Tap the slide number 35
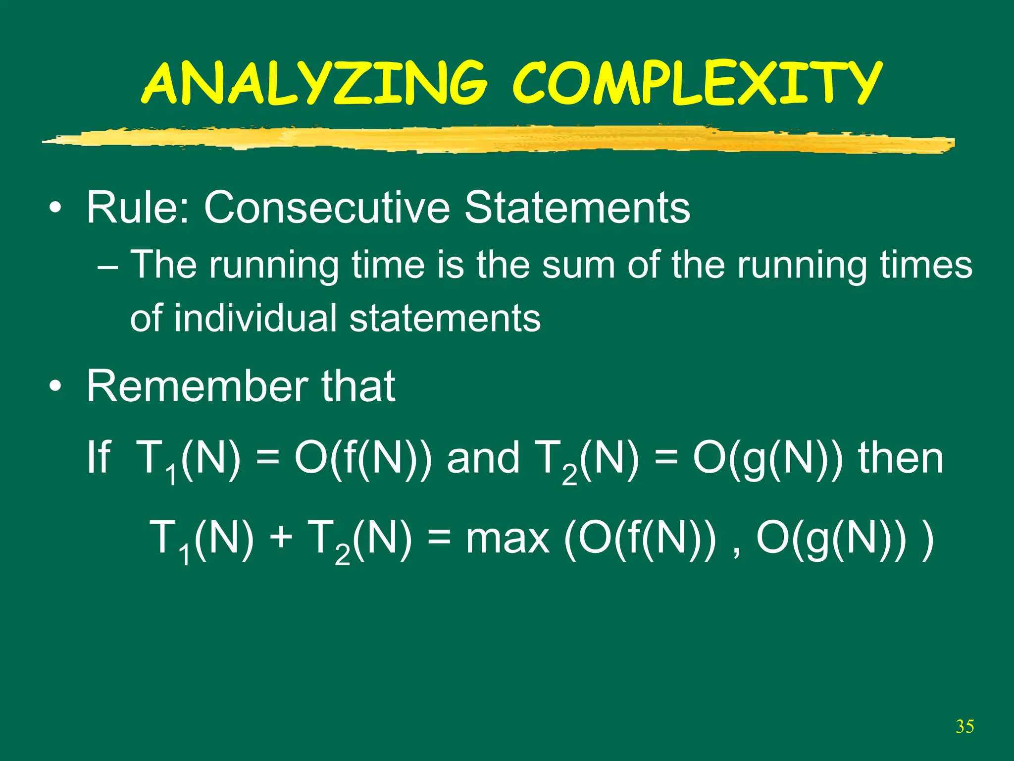[964, 727]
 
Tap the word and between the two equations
[483, 458]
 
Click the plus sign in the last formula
[282, 538]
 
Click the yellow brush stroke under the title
[495, 139]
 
